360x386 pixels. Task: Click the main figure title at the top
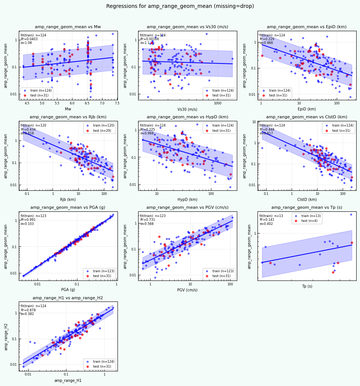(x=180, y=6)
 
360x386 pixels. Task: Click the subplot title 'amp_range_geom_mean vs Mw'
(x=68, y=27)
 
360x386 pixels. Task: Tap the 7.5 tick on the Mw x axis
(x=117, y=104)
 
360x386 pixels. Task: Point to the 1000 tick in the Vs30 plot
(x=217, y=104)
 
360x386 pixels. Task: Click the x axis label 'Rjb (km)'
(x=68, y=199)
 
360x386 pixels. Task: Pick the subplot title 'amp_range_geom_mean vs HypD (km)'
(x=187, y=117)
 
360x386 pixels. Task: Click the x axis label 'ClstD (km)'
(x=307, y=199)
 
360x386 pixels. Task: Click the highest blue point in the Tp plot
(x=351, y=214)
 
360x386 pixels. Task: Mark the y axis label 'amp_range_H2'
(x=6, y=336)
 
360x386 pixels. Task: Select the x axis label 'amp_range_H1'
(x=68, y=380)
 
